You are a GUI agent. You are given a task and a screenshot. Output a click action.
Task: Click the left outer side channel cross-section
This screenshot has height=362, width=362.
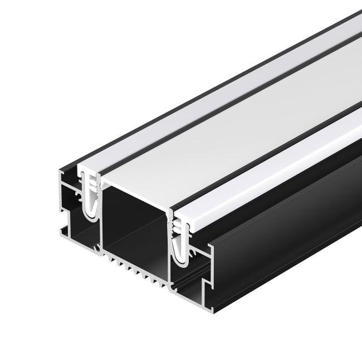coord(72,206)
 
